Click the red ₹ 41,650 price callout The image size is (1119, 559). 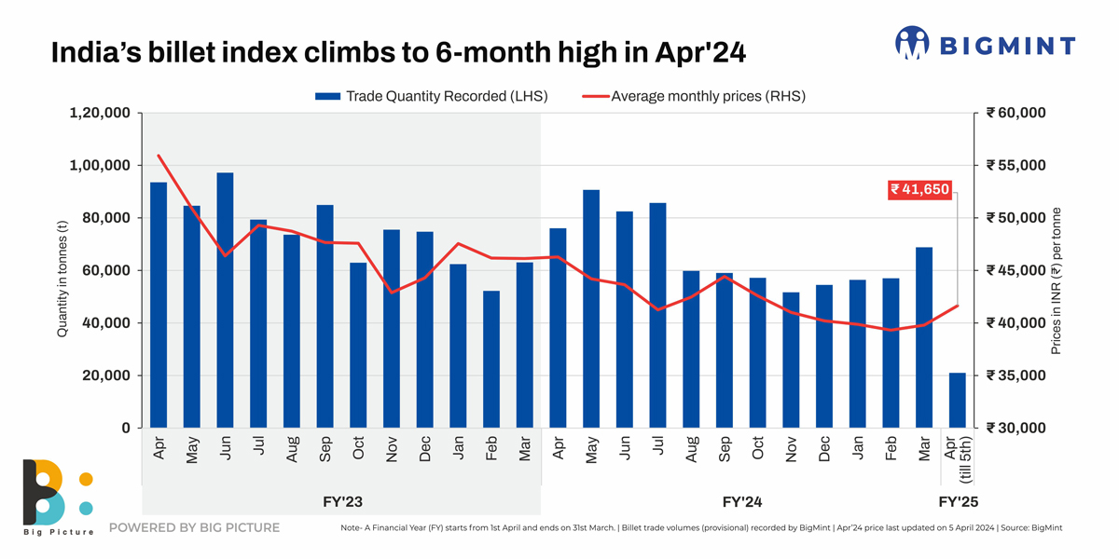[920, 189]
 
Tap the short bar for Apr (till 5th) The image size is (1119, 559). [958, 401]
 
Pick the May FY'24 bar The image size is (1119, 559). [591, 308]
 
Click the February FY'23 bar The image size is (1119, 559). [491, 360]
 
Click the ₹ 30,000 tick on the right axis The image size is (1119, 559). [1015, 429]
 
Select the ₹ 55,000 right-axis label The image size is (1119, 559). [1015, 166]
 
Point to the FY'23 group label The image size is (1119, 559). [341, 502]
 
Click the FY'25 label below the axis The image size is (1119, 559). [958, 502]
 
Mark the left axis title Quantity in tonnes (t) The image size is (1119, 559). [62, 271]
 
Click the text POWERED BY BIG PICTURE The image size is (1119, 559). [194, 528]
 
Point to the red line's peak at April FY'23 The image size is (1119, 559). [159, 156]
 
